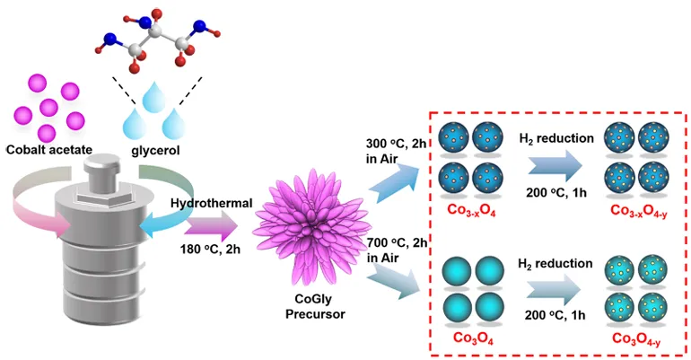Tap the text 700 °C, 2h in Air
pyautogui.click(x=397, y=252)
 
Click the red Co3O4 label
pyautogui.click(x=476, y=339)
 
